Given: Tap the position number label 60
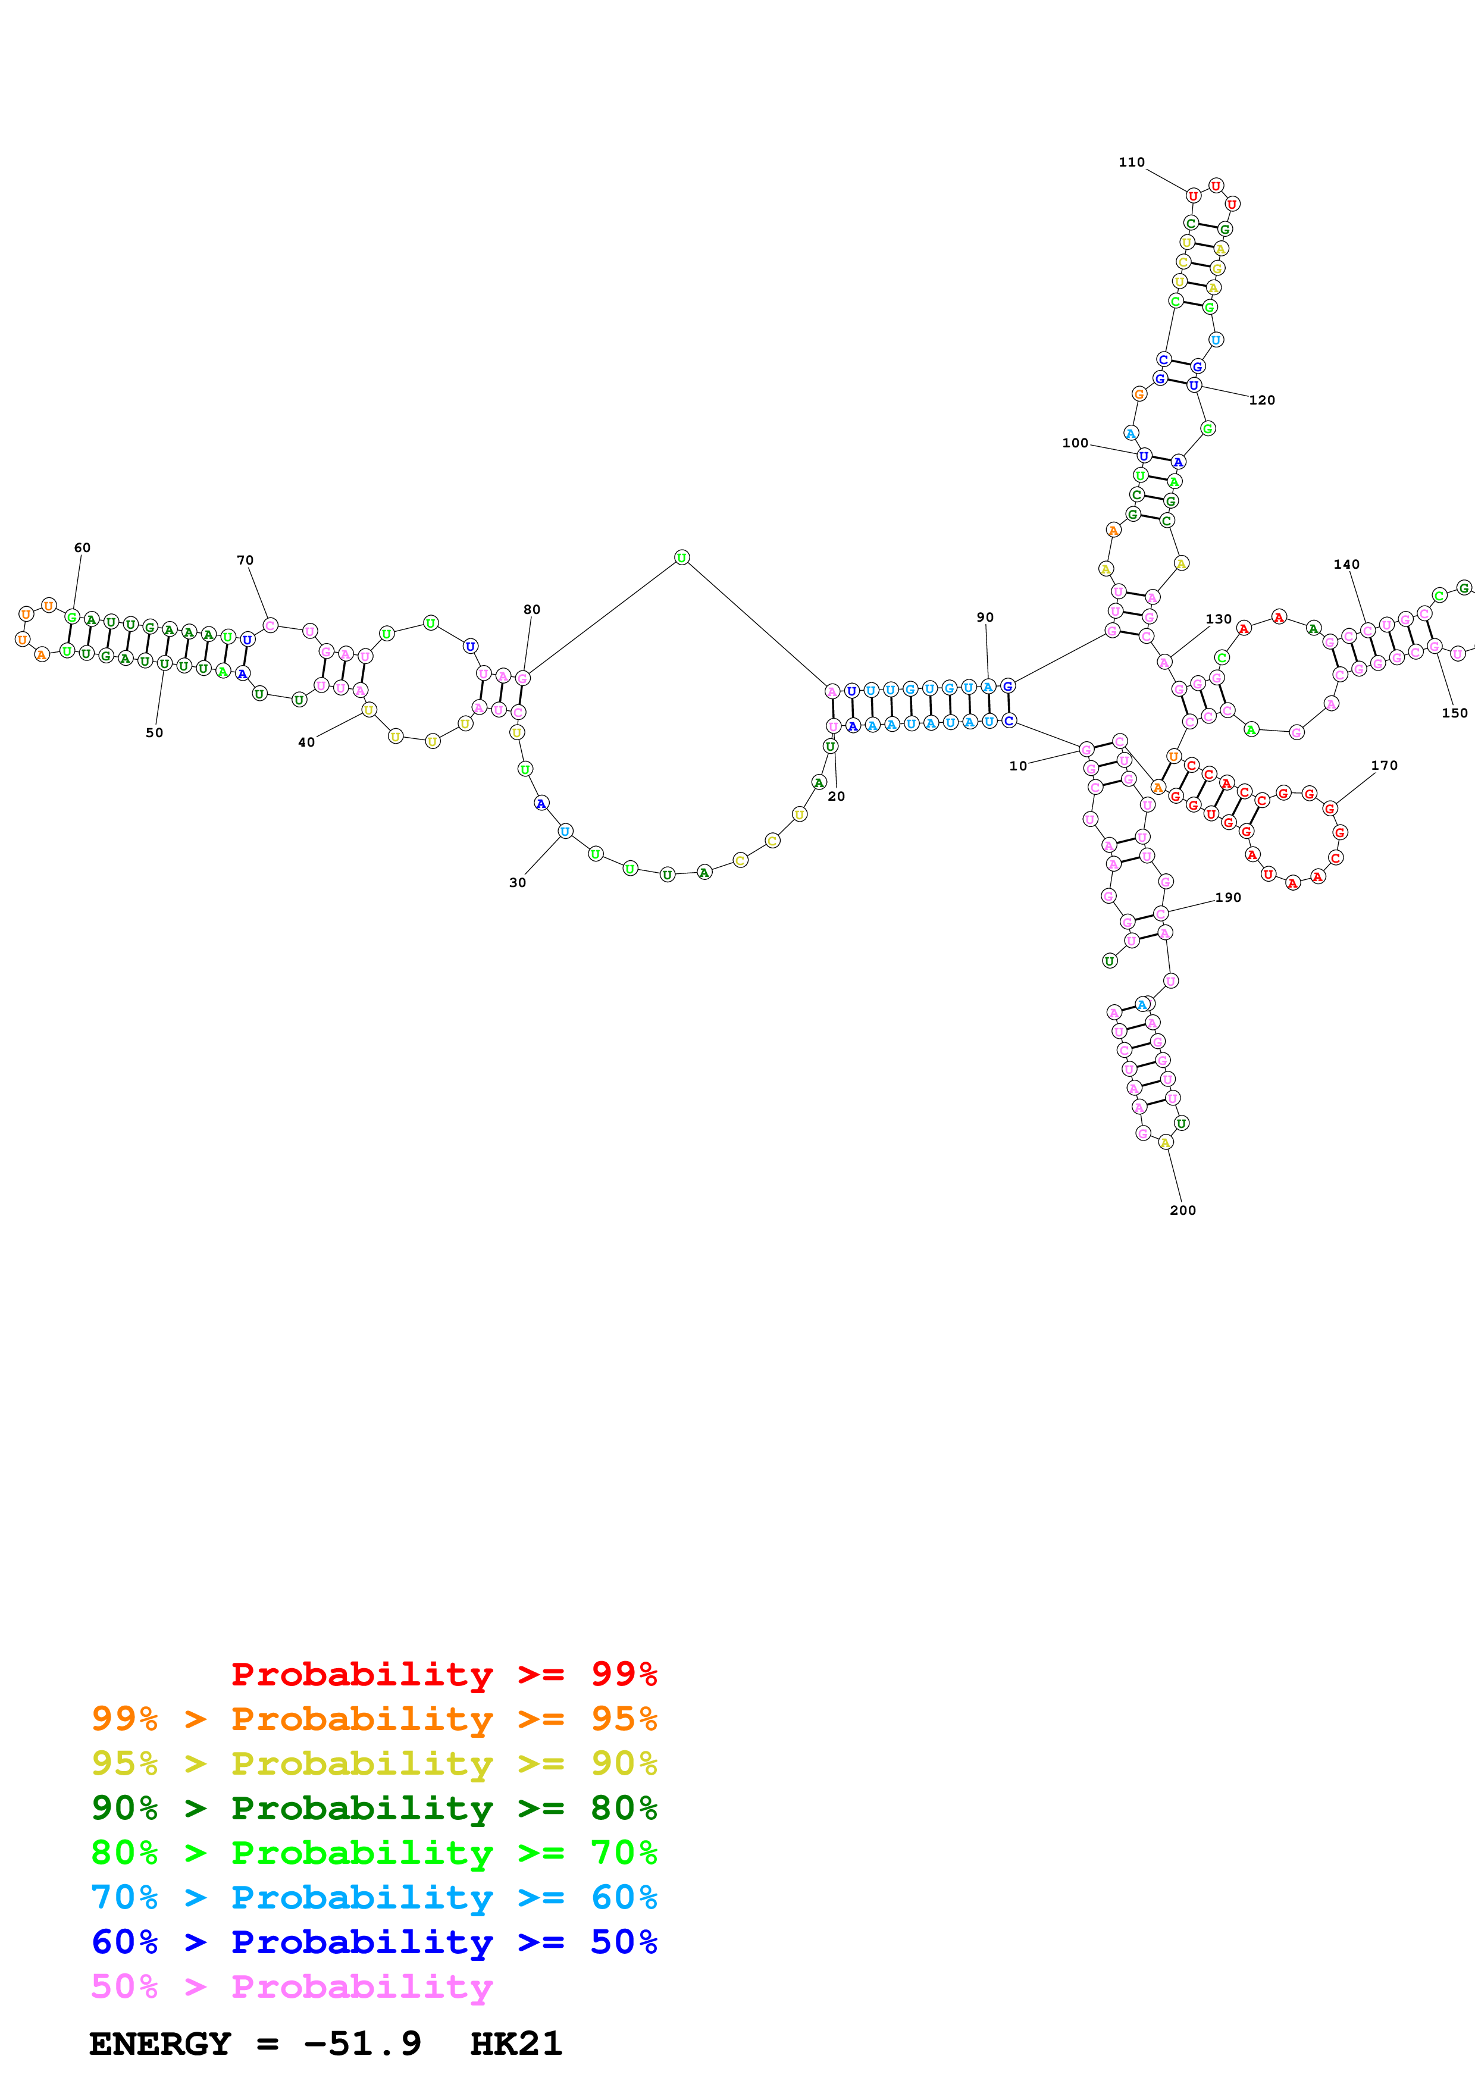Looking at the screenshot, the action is tap(82, 548).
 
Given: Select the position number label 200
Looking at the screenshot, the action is tap(1182, 1211).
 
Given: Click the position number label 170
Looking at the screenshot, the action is tap(1383, 765).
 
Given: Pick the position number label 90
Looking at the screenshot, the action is tap(985, 617).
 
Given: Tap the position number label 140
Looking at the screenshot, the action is tap(1346, 565).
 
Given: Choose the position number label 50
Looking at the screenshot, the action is tap(155, 732).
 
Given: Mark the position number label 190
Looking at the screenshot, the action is tap(1228, 897).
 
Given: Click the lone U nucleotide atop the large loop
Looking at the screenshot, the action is tap(682, 557).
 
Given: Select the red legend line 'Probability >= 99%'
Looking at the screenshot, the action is tap(443, 1674).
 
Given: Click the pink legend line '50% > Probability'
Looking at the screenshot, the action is tap(292, 1987).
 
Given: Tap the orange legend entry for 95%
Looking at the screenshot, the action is tap(374, 1719).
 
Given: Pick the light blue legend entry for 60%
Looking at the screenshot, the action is tap(374, 1898).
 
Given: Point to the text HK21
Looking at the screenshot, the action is tap(516, 2044).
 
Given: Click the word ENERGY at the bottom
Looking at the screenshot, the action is tap(160, 2044).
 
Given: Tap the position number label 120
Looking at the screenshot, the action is tap(1261, 400).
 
